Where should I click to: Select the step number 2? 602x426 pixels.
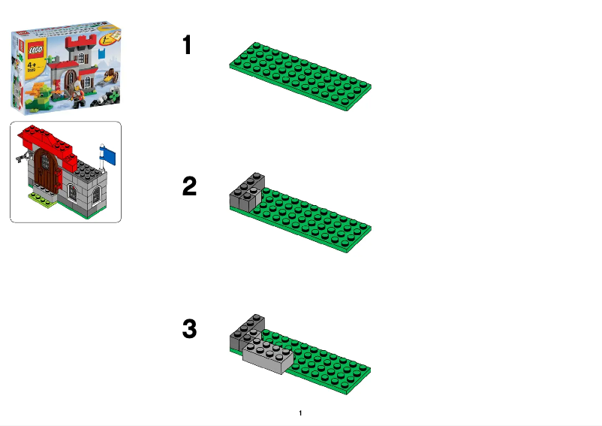coord(189,186)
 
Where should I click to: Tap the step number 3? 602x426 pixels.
coord(189,329)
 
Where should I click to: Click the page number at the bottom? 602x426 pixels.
coord(300,413)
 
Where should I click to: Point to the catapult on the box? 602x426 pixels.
coord(111,75)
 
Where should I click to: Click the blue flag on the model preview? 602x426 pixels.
coord(110,156)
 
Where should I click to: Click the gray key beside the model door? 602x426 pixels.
coord(23,157)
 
